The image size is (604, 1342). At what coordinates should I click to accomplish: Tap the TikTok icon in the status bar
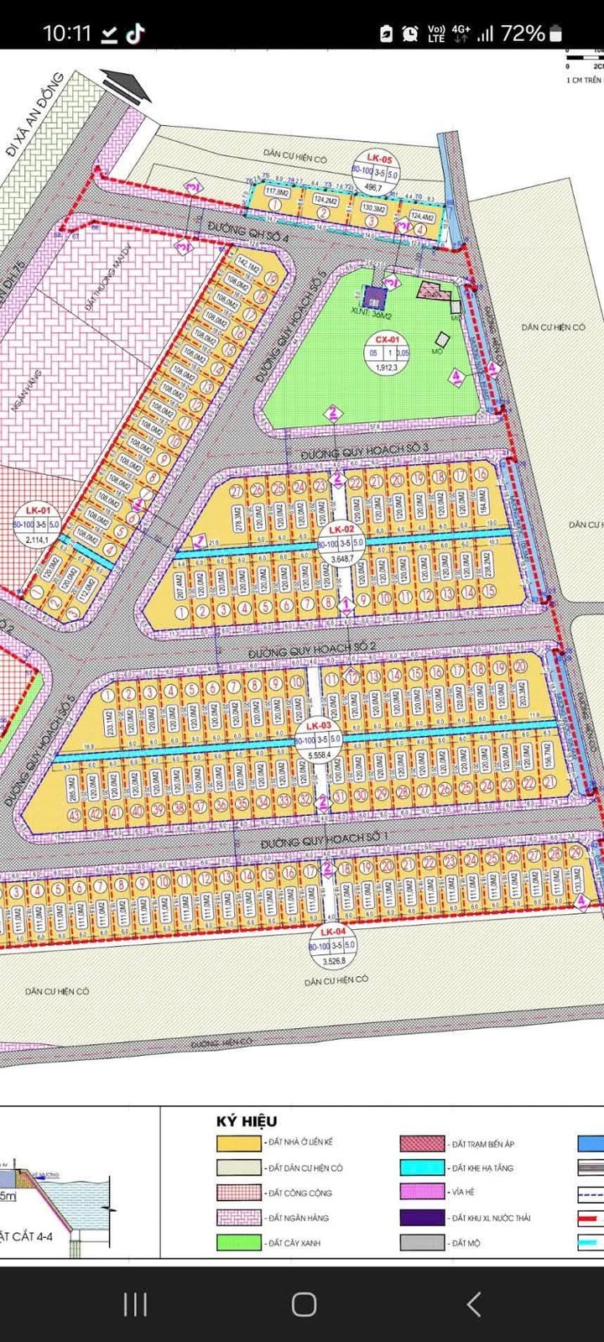[x=135, y=34]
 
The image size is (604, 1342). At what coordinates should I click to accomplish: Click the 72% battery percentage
[x=523, y=34]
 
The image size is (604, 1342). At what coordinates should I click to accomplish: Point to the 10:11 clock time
[x=66, y=34]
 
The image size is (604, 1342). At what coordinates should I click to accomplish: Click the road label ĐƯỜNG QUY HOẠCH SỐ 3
[x=364, y=451]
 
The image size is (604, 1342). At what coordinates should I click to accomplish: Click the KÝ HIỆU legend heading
[x=247, y=1121]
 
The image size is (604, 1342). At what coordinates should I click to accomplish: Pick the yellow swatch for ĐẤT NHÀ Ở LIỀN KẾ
[x=238, y=1143]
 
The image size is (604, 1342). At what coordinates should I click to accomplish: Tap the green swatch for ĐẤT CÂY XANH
[x=238, y=1243]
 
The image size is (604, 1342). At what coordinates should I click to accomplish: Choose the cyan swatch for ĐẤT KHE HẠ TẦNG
[x=422, y=1168]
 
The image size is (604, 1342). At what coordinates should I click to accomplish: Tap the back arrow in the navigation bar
[x=474, y=1303]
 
